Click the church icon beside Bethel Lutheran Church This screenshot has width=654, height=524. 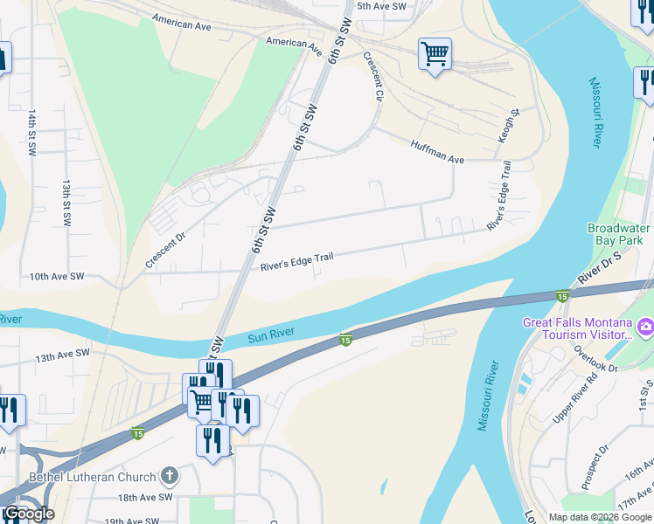pos(170,477)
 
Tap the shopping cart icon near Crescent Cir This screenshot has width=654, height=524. pos(435,54)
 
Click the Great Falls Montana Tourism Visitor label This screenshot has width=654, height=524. pos(577,328)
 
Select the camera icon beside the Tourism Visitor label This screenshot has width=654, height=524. pos(645,327)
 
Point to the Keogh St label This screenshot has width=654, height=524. pos(515,125)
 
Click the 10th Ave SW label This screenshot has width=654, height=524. pos(56,276)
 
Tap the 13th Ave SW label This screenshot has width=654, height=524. pos(63,355)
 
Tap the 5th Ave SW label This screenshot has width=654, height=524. pos(382,6)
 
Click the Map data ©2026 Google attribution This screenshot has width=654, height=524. pos(600,517)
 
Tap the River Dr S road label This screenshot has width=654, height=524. pos(599,269)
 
